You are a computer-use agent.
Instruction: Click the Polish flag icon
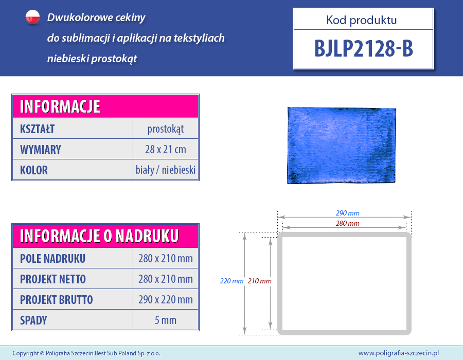coord(33,17)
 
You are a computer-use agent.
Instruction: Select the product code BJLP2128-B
coord(364,48)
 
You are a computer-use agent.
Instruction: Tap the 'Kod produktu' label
coord(362,20)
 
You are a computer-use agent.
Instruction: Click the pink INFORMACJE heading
coord(60,106)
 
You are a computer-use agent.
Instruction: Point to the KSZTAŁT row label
coord(37,129)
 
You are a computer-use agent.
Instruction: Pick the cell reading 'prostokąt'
coord(166,129)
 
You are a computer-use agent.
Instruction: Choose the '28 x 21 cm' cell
coord(166,149)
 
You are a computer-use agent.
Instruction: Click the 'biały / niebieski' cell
coord(166,170)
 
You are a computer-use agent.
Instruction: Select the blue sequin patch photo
coord(342,146)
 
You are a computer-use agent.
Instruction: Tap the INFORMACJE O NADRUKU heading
coord(99,236)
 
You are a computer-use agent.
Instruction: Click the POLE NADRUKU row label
coord(52,259)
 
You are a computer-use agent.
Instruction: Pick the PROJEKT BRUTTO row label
coord(57,300)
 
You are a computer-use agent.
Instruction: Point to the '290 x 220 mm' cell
coord(166,299)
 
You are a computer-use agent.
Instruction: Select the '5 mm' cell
coord(166,320)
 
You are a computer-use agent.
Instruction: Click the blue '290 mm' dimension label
coord(348,213)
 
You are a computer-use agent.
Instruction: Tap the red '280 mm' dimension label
coord(348,223)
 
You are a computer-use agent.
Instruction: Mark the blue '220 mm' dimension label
coord(232,281)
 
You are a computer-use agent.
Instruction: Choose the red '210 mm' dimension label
coord(260,281)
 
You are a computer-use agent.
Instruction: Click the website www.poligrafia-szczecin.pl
coord(399,353)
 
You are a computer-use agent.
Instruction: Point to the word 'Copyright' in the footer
coord(26,353)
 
